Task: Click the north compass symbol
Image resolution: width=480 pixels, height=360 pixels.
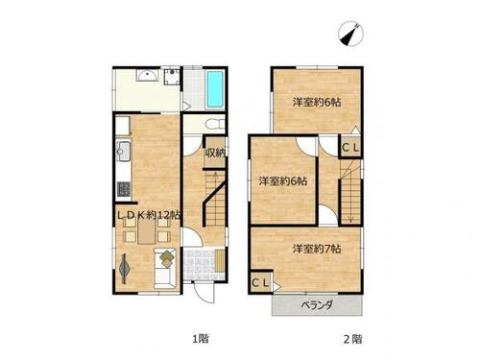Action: point(351,34)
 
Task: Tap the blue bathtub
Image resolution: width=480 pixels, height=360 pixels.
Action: point(215,89)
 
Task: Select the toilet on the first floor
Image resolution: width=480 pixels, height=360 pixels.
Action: point(214,124)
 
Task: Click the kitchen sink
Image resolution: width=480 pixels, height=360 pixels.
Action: point(123,151)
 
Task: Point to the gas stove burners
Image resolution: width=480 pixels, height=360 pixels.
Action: point(124,189)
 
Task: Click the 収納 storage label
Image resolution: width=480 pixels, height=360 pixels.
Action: point(215,153)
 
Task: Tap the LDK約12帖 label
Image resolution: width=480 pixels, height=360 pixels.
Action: point(148,215)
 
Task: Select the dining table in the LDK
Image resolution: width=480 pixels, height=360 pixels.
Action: point(147,232)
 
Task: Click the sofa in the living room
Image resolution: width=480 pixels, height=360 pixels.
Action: point(165,268)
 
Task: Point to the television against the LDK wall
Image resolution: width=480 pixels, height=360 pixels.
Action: point(124,268)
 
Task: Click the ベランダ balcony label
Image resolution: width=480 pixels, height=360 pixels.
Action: point(317,305)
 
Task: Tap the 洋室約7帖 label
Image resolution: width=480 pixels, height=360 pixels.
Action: point(317,249)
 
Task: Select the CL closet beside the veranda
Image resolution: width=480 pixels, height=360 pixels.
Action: point(261,282)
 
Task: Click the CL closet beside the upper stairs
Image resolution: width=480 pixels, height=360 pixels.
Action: point(351,148)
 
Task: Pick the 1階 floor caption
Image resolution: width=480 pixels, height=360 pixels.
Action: point(201,338)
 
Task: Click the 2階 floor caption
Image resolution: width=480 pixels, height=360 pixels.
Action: point(353,339)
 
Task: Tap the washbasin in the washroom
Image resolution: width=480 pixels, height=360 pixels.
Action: point(147,76)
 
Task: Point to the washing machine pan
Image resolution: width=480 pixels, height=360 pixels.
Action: point(172,77)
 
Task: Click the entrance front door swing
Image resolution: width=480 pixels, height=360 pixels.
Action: point(203,292)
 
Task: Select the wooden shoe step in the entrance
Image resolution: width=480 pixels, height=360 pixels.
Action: point(220,261)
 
